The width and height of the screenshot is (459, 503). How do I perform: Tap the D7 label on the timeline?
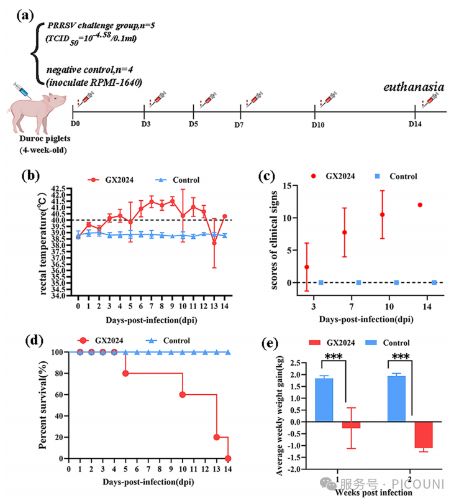239,125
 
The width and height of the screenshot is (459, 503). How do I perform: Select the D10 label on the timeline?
318,125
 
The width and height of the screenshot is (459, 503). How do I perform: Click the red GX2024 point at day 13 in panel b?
214,242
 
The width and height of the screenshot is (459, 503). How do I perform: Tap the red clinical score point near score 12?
420,205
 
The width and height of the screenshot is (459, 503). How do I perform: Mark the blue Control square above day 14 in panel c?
434,282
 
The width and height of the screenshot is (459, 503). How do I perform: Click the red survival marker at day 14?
228,458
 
